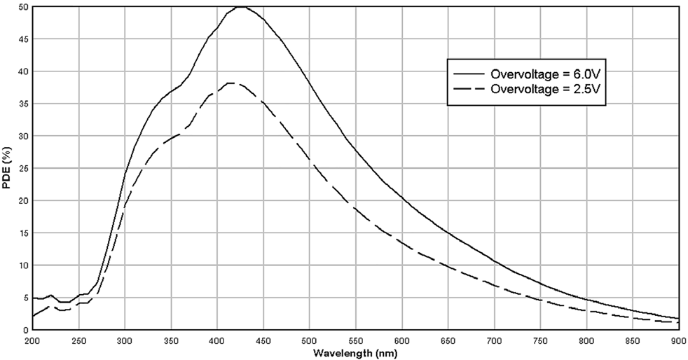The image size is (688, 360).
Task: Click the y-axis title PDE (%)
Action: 8,168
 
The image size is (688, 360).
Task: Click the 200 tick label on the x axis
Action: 32,341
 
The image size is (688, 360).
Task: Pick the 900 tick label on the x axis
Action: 678,341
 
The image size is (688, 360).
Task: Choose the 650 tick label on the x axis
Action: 448,341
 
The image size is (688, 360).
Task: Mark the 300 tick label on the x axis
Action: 125,341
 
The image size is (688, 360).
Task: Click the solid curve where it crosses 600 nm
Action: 402,198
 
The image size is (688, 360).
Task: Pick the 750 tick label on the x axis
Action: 540,341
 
